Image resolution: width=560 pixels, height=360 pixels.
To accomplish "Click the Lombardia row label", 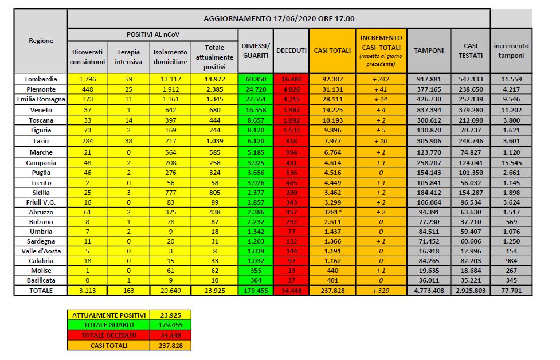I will [x=41, y=79].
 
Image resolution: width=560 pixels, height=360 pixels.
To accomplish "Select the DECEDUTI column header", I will [x=292, y=50].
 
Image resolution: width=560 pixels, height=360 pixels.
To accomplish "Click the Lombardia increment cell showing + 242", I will [x=381, y=79].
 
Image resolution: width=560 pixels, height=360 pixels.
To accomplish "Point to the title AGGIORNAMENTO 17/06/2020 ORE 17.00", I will [x=279, y=18].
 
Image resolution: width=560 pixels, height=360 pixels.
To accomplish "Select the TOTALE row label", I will [x=41, y=291].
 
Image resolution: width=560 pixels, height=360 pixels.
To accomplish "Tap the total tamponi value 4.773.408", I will [x=429, y=291].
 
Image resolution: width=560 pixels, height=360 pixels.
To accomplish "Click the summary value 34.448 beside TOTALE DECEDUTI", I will [x=170, y=335].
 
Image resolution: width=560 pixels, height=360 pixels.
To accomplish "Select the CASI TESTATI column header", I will [x=469, y=50].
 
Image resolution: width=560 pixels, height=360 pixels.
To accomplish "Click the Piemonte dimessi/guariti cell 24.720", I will [x=256, y=89].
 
